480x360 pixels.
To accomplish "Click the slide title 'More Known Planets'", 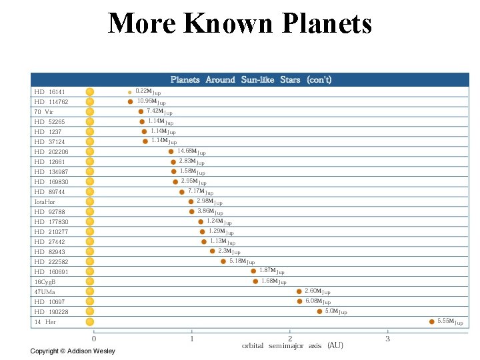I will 240,23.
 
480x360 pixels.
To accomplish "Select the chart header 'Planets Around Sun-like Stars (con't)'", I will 251,80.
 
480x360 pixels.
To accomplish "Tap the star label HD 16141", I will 50,92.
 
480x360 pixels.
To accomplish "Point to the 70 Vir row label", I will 44,112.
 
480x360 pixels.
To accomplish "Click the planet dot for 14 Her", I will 431,321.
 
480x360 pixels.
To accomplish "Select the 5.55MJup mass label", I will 450,322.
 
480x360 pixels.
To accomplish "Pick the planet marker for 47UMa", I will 299,291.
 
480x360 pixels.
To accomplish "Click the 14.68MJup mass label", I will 191,152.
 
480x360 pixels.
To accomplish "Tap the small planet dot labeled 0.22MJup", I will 129,92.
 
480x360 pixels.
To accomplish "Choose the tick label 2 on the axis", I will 290,339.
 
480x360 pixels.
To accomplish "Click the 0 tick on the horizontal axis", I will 94,339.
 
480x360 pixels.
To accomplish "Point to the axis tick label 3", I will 387,339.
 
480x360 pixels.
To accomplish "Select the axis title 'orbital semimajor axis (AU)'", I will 293,345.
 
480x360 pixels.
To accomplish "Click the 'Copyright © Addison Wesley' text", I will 73,351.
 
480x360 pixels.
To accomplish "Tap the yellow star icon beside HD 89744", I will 90,191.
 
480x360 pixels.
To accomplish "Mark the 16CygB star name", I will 45,282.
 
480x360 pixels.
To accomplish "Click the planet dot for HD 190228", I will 319,311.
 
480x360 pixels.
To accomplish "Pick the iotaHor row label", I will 45,202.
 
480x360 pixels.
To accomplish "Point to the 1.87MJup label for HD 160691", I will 272,271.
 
